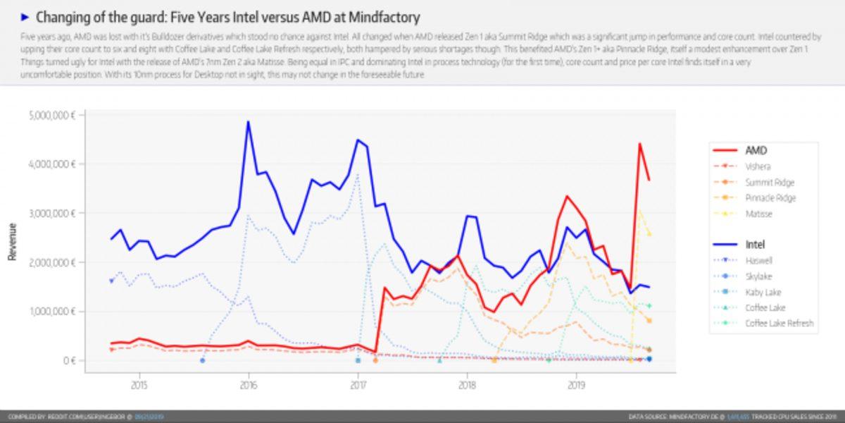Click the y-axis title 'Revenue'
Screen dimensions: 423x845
tap(12, 242)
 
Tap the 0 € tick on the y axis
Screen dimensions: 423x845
tap(67, 360)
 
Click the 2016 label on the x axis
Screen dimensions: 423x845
tap(248, 386)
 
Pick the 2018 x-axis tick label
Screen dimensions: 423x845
tap(467, 386)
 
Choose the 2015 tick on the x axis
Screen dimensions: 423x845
tap(139, 386)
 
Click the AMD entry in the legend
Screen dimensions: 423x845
tap(756, 150)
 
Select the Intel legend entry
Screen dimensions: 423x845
tap(755, 245)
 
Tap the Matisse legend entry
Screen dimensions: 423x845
tap(759, 214)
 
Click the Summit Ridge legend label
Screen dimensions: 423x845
tap(769, 183)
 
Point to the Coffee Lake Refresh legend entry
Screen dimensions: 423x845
tap(779, 323)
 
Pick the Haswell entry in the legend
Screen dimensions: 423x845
tap(759, 260)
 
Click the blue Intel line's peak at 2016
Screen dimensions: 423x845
tap(248, 121)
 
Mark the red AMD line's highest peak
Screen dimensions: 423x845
tap(639, 144)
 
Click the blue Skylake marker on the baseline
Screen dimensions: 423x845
tap(202, 360)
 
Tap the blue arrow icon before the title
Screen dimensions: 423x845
tap(25, 17)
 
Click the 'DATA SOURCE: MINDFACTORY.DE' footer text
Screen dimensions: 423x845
tap(676, 417)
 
